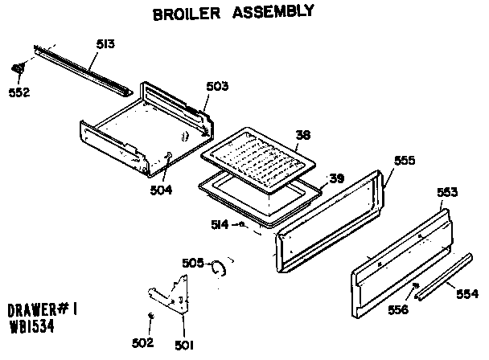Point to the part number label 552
pyautogui.click(x=18, y=92)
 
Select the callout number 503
pyautogui.click(x=218, y=85)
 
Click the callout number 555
pyautogui.click(x=405, y=160)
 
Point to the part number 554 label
pyautogui.click(x=466, y=295)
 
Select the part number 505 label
pyautogui.click(x=193, y=262)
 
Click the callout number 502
pyautogui.click(x=142, y=343)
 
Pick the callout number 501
pyautogui.click(x=184, y=346)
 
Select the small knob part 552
pyautogui.click(x=18, y=70)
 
